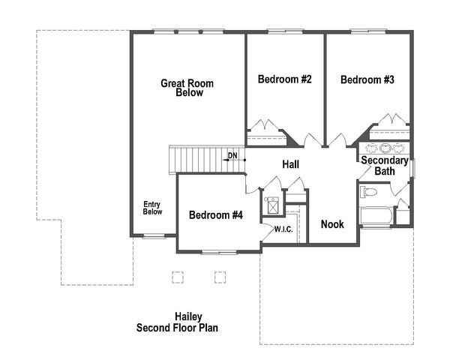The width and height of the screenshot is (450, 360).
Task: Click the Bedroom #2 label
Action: [x=284, y=79]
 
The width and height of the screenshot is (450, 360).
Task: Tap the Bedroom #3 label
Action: [x=367, y=79]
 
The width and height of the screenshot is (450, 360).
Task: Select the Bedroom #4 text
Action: [x=216, y=215]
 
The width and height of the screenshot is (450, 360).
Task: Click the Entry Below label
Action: [x=153, y=208]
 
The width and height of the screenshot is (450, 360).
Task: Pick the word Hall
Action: [x=292, y=164]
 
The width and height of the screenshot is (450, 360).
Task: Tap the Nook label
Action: [x=332, y=224]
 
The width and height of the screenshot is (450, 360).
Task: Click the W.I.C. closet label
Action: [x=283, y=229]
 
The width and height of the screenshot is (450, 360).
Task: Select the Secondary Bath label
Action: [x=385, y=166]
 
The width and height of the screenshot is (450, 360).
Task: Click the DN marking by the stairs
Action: [x=232, y=156]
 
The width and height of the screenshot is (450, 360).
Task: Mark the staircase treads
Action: [x=196, y=159]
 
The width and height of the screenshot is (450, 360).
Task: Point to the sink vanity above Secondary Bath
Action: [x=385, y=148]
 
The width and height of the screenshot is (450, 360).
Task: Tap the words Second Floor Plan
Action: [x=178, y=328]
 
